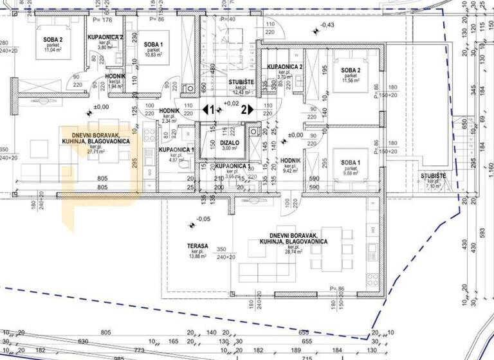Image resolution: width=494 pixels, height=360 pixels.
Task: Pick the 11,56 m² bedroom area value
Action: (351, 82)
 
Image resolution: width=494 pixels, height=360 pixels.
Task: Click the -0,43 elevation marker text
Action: (327, 25)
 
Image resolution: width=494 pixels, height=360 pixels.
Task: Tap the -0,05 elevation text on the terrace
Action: (203, 219)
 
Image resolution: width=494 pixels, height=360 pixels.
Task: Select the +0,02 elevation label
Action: (231, 103)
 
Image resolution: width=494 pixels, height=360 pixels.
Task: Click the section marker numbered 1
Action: (206, 110)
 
